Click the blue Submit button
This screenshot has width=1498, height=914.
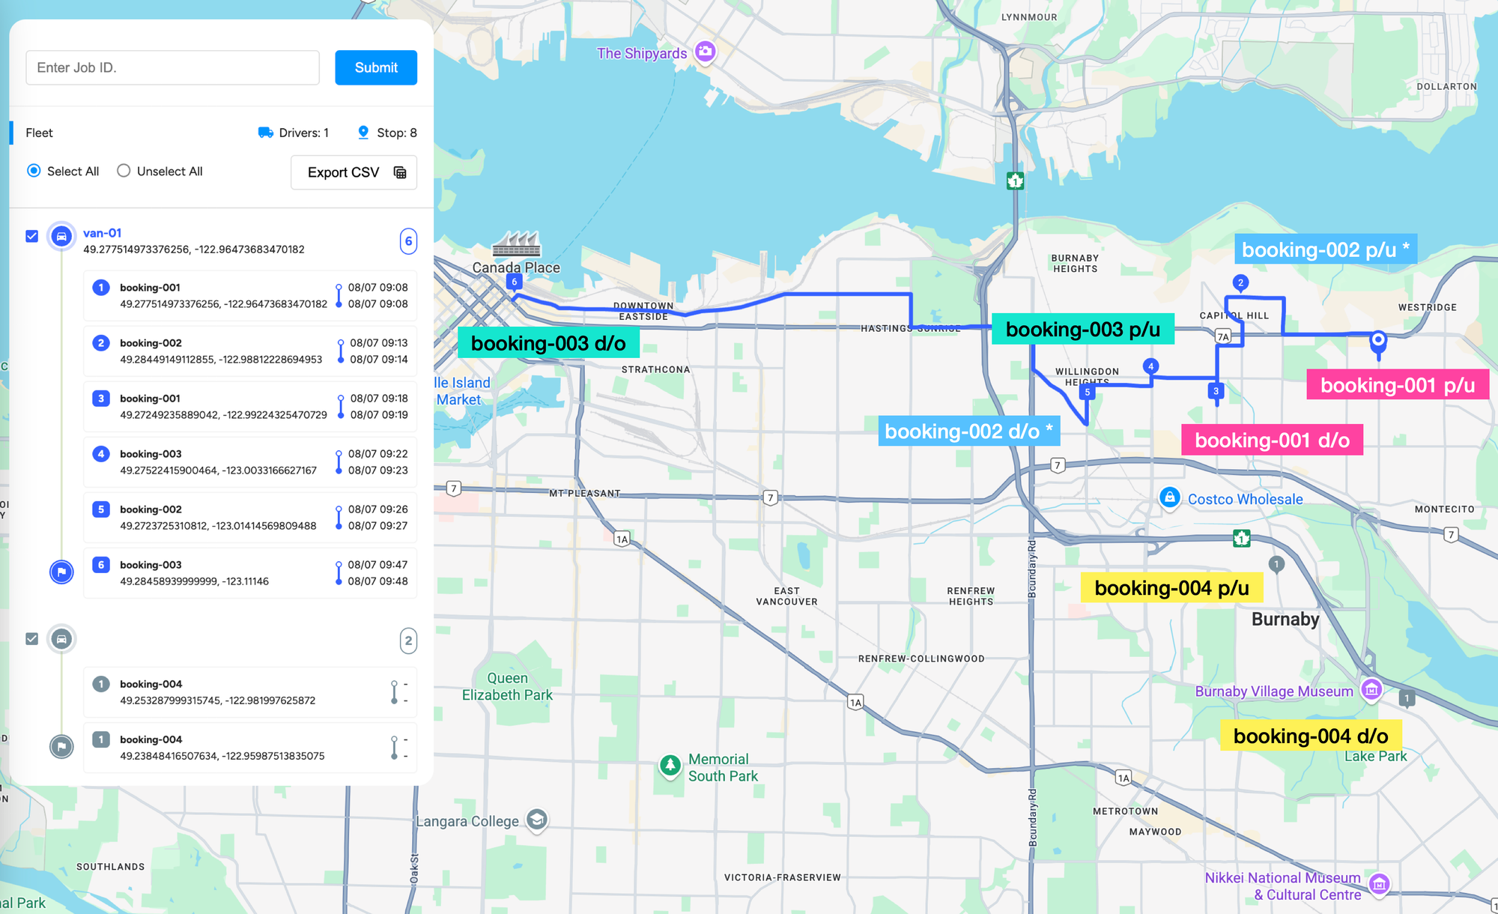(x=375, y=67)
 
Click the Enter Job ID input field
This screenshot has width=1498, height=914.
(x=172, y=67)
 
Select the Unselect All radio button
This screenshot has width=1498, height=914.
(x=124, y=171)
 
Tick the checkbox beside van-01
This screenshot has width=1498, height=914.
(x=31, y=236)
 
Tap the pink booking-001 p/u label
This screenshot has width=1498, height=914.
(x=1397, y=385)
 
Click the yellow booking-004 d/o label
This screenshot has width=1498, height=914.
(x=1310, y=736)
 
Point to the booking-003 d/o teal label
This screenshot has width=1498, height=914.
(x=548, y=343)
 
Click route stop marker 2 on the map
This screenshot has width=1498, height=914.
(x=1240, y=282)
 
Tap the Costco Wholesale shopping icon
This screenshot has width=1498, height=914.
(x=1169, y=497)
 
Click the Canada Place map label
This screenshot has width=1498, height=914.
(x=515, y=267)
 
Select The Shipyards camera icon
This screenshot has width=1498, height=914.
(x=705, y=52)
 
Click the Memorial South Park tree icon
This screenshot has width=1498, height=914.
(x=670, y=765)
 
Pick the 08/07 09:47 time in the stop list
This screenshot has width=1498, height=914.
(x=377, y=565)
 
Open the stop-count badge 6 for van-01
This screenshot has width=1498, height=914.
(x=408, y=241)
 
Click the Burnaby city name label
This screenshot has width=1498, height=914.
(x=1285, y=620)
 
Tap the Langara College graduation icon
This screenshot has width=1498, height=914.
(x=536, y=820)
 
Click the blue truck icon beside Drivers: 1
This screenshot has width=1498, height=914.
(x=265, y=133)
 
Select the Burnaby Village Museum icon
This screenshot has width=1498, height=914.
(x=1371, y=689)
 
